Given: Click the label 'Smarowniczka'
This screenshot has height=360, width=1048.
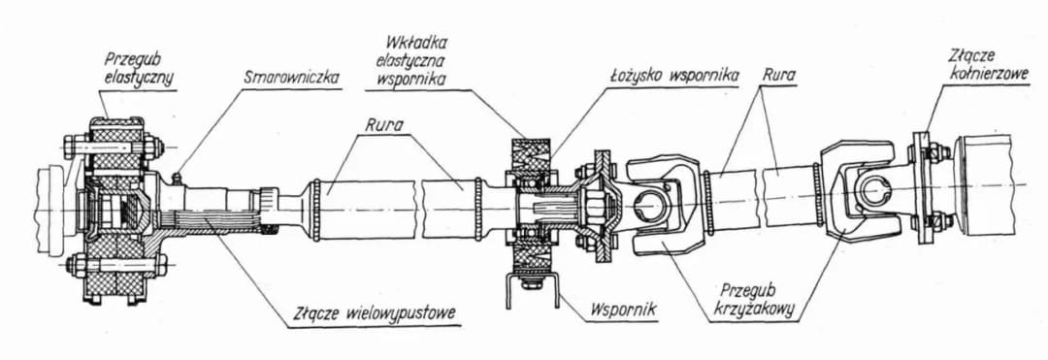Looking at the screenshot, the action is tap(291, 79).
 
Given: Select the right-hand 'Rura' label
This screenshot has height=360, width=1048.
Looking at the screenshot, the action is tap(777, 76).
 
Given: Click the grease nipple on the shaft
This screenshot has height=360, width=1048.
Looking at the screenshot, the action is tap(178, 179).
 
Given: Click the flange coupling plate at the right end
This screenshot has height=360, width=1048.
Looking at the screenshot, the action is tap(923, 186).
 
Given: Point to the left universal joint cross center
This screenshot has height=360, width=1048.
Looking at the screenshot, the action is tap(649, 202).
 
